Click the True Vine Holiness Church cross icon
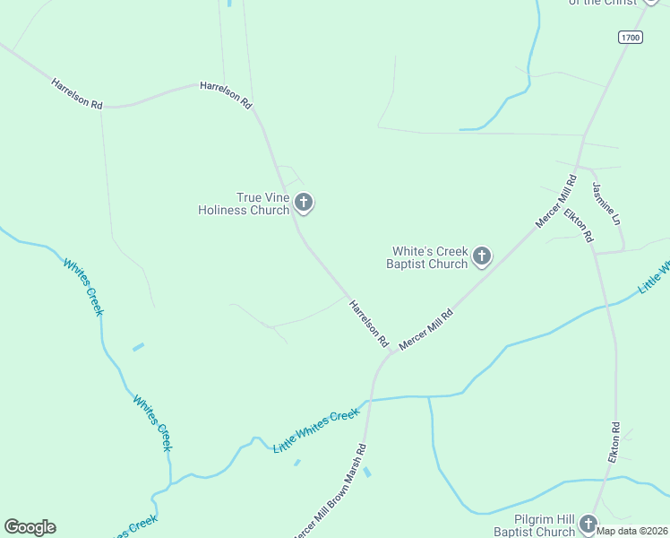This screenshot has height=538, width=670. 304,203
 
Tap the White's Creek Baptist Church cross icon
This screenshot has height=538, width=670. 482,257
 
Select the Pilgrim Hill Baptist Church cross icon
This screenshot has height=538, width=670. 588,524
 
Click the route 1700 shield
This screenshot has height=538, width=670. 630,37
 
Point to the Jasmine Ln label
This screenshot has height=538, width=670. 606,204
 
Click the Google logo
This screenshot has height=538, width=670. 30,527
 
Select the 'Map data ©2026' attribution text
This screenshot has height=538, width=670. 632,531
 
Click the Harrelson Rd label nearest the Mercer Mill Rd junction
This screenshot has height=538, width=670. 369,323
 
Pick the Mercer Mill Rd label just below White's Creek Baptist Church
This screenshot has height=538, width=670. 426,329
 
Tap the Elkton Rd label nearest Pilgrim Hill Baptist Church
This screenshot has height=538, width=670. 614,442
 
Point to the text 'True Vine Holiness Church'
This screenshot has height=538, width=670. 244,204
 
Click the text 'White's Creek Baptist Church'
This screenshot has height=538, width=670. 427,258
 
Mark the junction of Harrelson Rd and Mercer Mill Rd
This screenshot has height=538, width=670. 391,351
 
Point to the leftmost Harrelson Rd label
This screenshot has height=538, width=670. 77,93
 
